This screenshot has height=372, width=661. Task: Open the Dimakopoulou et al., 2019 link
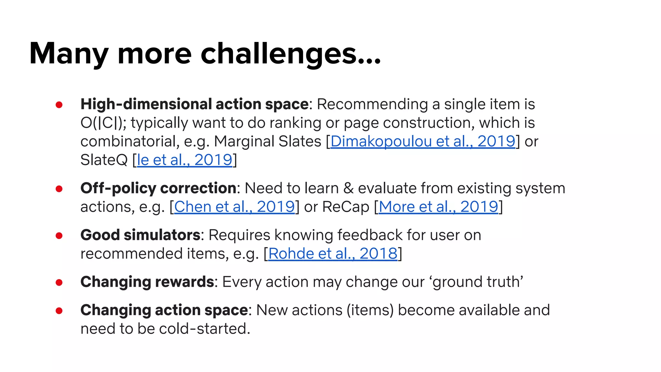(423, 141)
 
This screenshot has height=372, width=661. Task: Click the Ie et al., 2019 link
(185, 160)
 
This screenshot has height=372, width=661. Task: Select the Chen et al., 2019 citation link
(234, 207)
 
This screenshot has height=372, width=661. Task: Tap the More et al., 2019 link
(438, 207)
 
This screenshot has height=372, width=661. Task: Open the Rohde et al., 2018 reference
(333, 253)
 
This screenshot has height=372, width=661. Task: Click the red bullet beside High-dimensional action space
(59, 105)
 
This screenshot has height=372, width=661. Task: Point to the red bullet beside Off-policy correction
(59, 189)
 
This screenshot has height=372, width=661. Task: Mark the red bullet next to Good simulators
(59, 236)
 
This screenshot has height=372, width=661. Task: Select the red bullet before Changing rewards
(59, 283)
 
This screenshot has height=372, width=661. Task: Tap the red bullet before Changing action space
(59, 311)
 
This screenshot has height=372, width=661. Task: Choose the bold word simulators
(162, 235)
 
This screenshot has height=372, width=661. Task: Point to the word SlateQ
(104, 160)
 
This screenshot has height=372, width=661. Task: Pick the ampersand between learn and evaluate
(348, 188)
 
